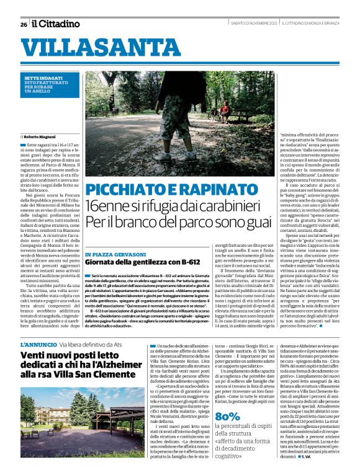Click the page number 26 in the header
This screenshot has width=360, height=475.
click(24, 24)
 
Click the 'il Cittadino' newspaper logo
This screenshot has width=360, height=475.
click(56, 24)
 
